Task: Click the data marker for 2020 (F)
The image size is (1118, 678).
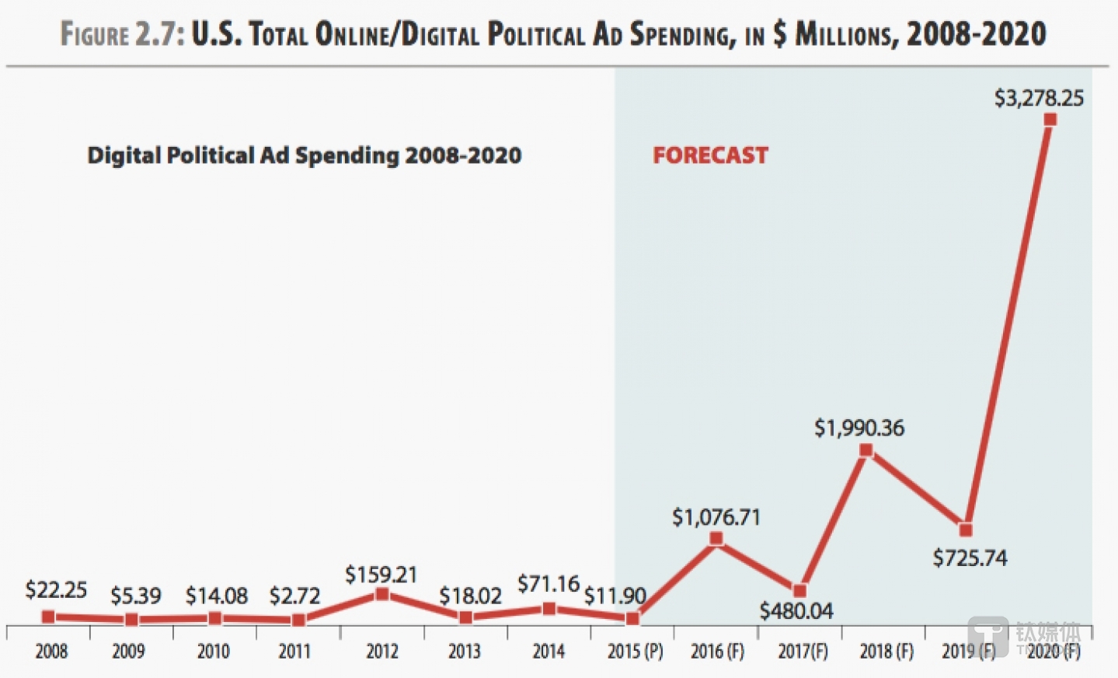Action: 1050,120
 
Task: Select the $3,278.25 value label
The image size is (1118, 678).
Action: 1039,98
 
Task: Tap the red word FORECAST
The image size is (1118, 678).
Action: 710,156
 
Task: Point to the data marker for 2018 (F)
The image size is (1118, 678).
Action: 866,450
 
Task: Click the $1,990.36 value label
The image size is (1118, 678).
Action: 859,428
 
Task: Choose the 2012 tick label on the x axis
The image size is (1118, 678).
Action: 382,651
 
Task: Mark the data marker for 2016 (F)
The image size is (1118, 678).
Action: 716,538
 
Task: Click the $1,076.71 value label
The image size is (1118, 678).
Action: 716,517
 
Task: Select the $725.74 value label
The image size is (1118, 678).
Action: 970,558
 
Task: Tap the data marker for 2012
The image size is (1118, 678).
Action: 382,594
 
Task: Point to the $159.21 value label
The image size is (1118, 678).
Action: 381,575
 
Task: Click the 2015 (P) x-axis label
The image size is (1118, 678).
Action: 635,651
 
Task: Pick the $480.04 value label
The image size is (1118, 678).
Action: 796,611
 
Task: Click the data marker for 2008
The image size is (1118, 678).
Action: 48,617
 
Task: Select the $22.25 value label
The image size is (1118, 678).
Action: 56,590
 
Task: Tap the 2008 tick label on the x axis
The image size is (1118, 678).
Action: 51,651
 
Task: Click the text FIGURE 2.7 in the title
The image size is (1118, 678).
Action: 122,34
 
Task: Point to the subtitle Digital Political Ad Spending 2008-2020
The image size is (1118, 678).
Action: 304,156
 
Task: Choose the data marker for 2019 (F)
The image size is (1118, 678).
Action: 966,529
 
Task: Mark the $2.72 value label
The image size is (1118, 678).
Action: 294,596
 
